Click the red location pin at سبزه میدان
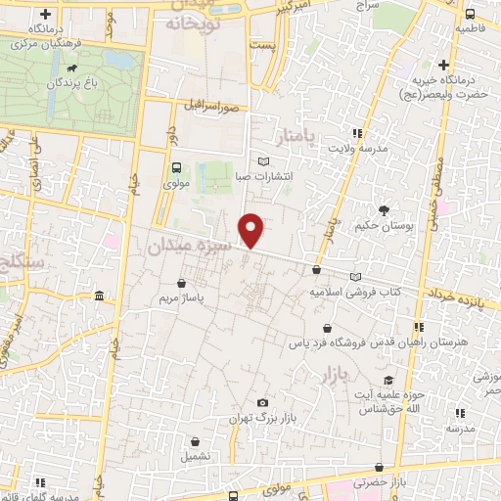click(x=251, y=230)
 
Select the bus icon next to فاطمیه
click(x=470, y=14)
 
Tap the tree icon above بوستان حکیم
click(x=384, y=208)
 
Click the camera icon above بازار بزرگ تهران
click(x=261, y=402)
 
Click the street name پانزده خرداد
click(x=458, y=294)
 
